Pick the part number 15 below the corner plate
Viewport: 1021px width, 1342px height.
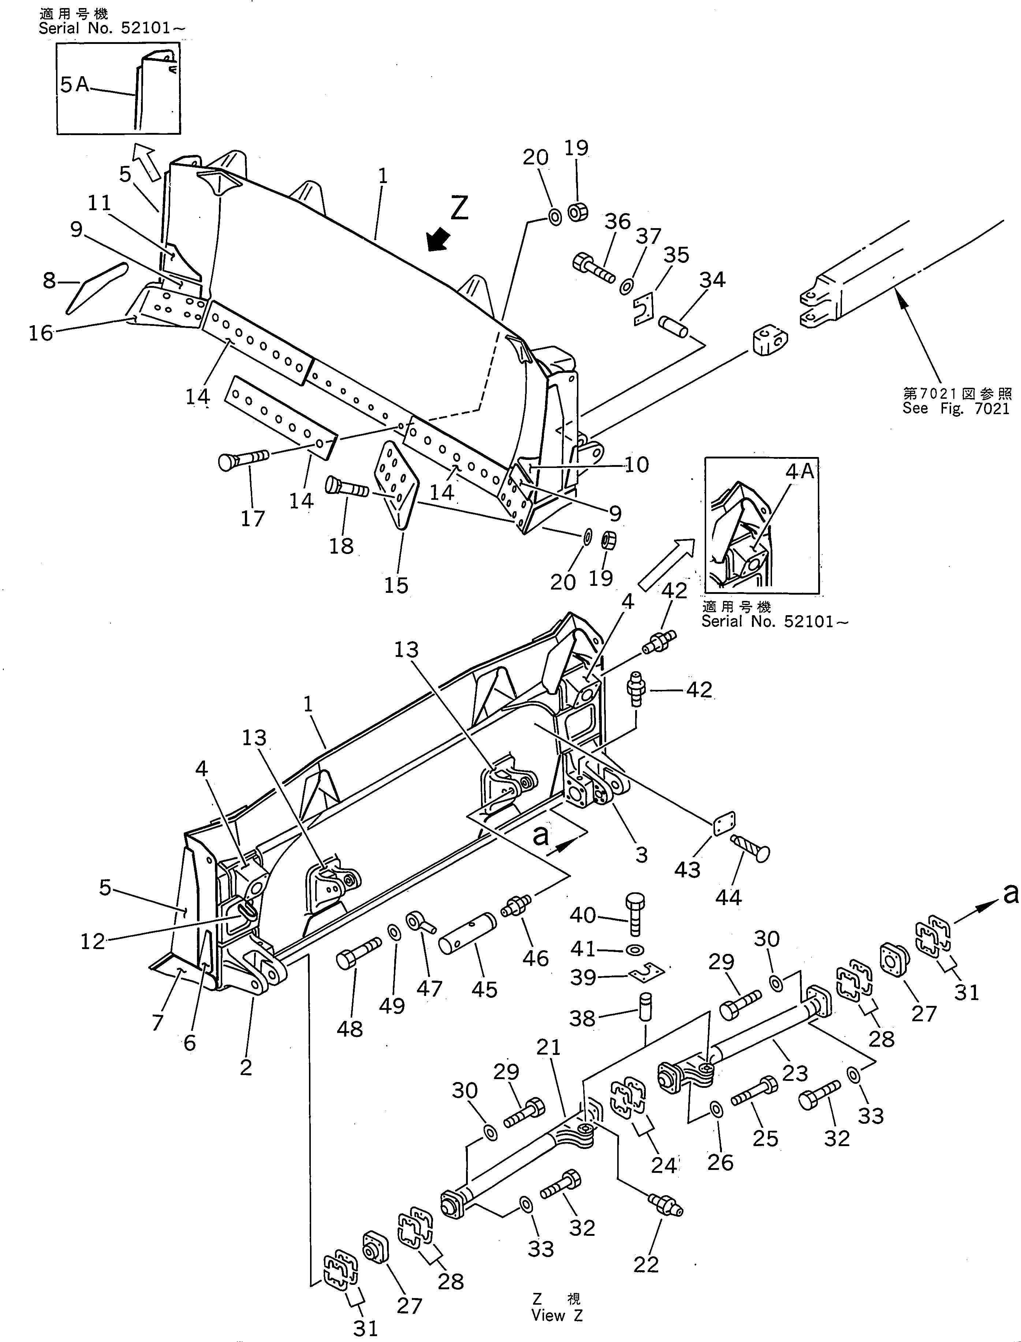396,585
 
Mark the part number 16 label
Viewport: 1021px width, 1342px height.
41,334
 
